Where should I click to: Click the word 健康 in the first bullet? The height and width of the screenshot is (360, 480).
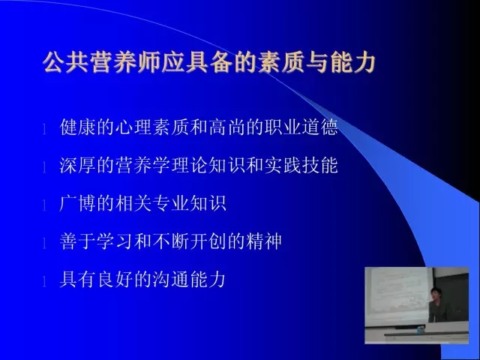pyautogui.click(x=78, y=127)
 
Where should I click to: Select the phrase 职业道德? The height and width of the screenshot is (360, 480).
pyautogui.click(x=301, y=127)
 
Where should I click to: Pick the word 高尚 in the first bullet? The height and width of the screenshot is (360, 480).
pyautogui.click(x=227, y=127)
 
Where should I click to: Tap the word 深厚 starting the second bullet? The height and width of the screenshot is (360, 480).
pyautogui.click(x=78, y=165)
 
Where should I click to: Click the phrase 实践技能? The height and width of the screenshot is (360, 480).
pyautogui.click(x=301, y=165)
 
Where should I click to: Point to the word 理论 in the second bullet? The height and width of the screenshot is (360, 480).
pyautogui.click(x=190, y=165)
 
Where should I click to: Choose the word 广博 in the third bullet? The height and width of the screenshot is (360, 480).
pyautogui.click(x=78, y=203)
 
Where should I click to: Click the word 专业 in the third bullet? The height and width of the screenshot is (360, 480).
pyautogui.click(x=171, y=203)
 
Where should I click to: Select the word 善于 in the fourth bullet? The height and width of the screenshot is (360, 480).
pyautogui.click(x=78, y=241)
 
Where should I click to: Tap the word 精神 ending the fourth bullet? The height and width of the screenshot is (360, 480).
pyautogui.click(x=265, y=241)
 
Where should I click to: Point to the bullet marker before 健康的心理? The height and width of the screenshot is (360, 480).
pyautogui.click(x=44, y=129)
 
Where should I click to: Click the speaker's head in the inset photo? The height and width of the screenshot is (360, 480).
pyautogui.click(x=434, y=293)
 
